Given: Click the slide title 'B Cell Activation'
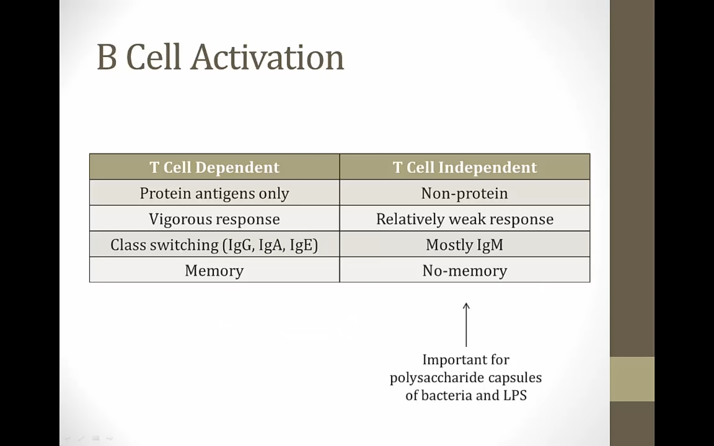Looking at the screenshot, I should [220, 57].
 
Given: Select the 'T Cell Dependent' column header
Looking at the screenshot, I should [214, 167].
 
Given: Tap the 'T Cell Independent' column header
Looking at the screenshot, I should [465, 167].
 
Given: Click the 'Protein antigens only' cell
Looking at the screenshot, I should [214, 193].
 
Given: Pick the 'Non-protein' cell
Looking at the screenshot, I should [465, 193].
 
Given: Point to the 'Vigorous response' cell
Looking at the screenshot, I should [214, 219].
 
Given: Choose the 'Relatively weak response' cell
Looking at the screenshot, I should [465, 219].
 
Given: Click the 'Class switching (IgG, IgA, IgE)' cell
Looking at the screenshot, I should [214, 245].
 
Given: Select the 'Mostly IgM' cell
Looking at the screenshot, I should [465, 245].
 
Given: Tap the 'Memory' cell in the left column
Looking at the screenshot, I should [214, 271].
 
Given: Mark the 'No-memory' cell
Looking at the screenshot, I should [465, 271].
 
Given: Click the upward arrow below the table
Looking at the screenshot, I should [466, 325].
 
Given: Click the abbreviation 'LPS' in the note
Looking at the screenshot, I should [515, 395].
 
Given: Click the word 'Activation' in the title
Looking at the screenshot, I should [267, 57].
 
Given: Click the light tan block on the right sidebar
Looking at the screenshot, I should [632, 379].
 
